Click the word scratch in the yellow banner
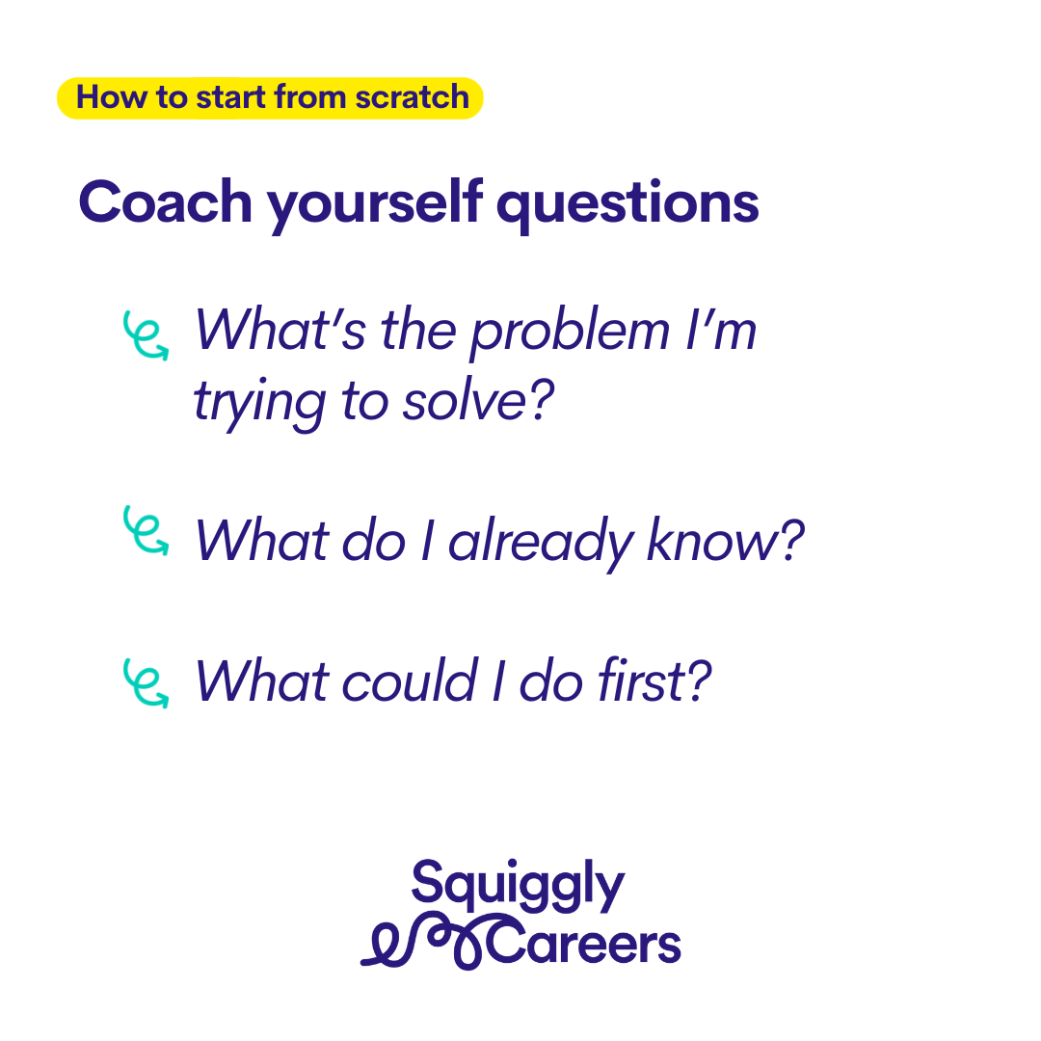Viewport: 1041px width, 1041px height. click(x=412, y=97)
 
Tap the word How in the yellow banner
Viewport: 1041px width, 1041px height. click(x=112, y=97)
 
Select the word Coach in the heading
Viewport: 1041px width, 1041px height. click(x=166, y=201)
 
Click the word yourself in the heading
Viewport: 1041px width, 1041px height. click(x=374, y=204)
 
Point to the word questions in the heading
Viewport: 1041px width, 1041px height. click(x=627, y=204)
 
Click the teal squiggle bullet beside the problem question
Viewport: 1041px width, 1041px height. click(x=146, y=335)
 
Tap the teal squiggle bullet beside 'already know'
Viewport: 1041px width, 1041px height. click(x=146, y=530)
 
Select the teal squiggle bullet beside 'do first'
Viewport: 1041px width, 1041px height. click(x=146, y=683)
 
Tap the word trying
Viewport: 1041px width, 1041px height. click(x=259, y=404)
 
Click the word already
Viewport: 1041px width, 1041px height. click(x=541, y=542)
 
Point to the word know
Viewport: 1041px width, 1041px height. click(x=725, y=539)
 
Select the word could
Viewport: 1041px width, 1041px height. click(x=409, y=680)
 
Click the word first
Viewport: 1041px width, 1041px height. click(x=654, y=680)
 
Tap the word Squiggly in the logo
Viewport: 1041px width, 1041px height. click(x=518, y=886)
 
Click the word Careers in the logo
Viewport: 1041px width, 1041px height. click(x=584, y=943)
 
